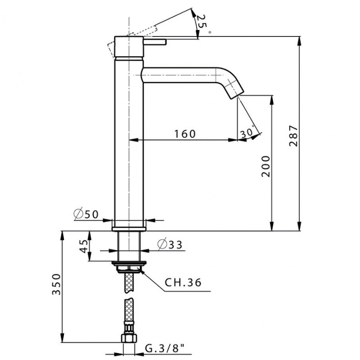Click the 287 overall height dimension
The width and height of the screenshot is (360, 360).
point(293,136)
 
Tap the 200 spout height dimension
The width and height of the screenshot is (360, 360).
point(265,166)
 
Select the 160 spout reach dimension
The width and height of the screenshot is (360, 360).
point(185,134)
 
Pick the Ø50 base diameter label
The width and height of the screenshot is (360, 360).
point(86,214)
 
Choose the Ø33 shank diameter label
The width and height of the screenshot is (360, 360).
point(170,244)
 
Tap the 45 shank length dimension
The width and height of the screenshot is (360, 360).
point(84,246)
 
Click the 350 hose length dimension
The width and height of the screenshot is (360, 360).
point(56,284)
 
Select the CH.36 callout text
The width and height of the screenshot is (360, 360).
point(183,282)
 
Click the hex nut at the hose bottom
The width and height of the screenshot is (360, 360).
point(129,338)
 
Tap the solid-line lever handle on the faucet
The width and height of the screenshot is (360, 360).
point(155,42)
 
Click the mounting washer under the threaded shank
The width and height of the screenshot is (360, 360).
point(129,263)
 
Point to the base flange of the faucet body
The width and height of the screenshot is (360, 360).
point(129,229)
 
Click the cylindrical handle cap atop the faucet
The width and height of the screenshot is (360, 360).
point(129,47)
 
